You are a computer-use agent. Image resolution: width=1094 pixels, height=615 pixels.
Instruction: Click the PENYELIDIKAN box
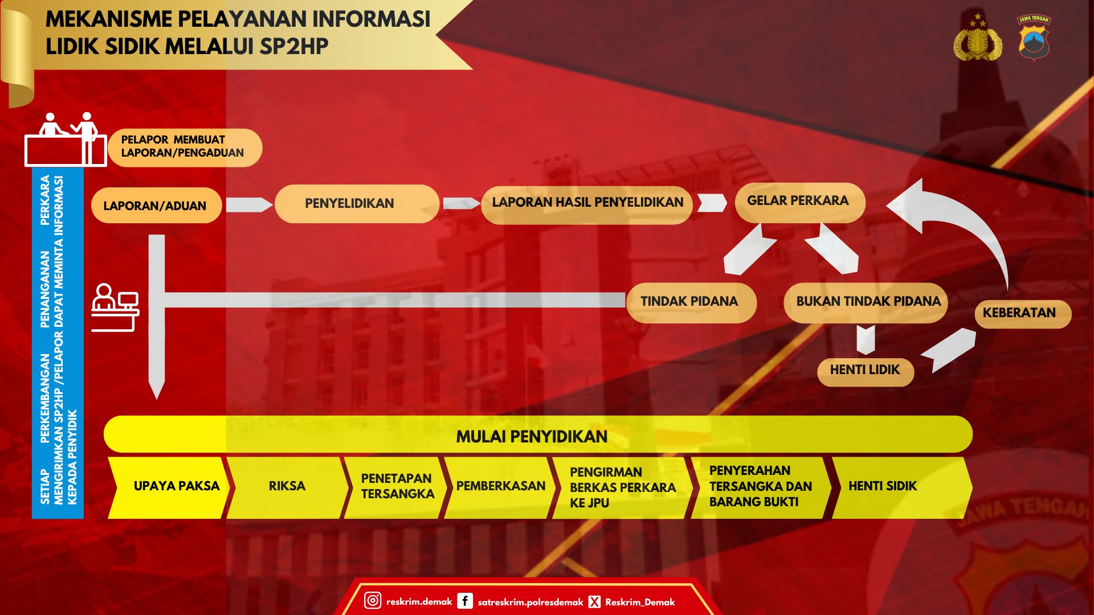point(357,203)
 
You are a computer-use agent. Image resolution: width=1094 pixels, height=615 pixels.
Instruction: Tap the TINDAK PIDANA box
point(691,302)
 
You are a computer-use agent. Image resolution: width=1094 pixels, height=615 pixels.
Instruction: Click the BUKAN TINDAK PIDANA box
point(866,302)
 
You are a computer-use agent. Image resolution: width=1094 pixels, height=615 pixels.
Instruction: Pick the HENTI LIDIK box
point(866,371)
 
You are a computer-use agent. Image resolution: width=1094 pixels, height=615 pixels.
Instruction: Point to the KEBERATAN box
point(1023,314)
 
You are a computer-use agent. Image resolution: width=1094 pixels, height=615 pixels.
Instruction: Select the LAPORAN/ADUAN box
point(156,205)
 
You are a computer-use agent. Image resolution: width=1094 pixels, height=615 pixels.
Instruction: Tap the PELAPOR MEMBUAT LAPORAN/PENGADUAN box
point(185,147)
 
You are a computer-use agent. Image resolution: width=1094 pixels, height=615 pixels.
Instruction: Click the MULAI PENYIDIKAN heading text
point(532,437)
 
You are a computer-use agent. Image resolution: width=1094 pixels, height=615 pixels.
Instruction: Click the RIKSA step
point(288,487)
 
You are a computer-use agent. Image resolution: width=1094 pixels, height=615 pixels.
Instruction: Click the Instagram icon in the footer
point(373,600)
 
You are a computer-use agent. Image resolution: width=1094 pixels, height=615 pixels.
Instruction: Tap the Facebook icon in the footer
point(465,601)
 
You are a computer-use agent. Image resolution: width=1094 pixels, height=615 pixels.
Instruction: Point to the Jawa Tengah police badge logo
point(1034,38)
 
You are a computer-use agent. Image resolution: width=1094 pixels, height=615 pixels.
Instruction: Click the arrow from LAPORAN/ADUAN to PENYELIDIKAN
point(250,204)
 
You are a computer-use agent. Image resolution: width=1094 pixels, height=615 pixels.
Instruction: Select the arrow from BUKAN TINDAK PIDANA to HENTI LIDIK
point(866,340)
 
